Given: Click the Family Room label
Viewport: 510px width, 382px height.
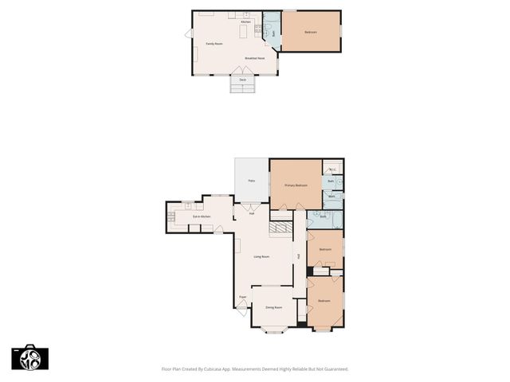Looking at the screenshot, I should click(214, 44).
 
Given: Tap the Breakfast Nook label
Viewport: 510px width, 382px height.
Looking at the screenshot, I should click(254, 59).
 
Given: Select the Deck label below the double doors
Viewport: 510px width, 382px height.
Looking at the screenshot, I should click(242, 80).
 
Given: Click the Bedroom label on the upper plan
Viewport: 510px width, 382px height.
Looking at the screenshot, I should click(310, 32).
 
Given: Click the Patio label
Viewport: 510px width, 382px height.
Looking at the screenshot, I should click(251, 181).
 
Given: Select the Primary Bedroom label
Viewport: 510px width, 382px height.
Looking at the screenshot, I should click(296, 185).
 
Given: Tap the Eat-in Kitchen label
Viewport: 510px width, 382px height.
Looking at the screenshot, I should click(201, 216).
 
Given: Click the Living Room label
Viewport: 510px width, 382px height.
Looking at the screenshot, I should click(261, 256).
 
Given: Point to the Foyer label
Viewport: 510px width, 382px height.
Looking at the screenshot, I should click(242, 298).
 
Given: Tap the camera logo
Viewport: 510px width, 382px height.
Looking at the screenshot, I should click(29, 357).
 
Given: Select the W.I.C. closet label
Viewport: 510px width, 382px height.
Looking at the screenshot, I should click(332, 170).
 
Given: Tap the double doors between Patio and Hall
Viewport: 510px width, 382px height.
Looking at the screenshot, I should click(251, 206).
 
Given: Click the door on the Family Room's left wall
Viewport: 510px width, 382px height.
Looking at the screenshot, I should click(189, 33).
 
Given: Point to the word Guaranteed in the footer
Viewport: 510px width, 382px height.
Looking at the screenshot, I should click(334, 369).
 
